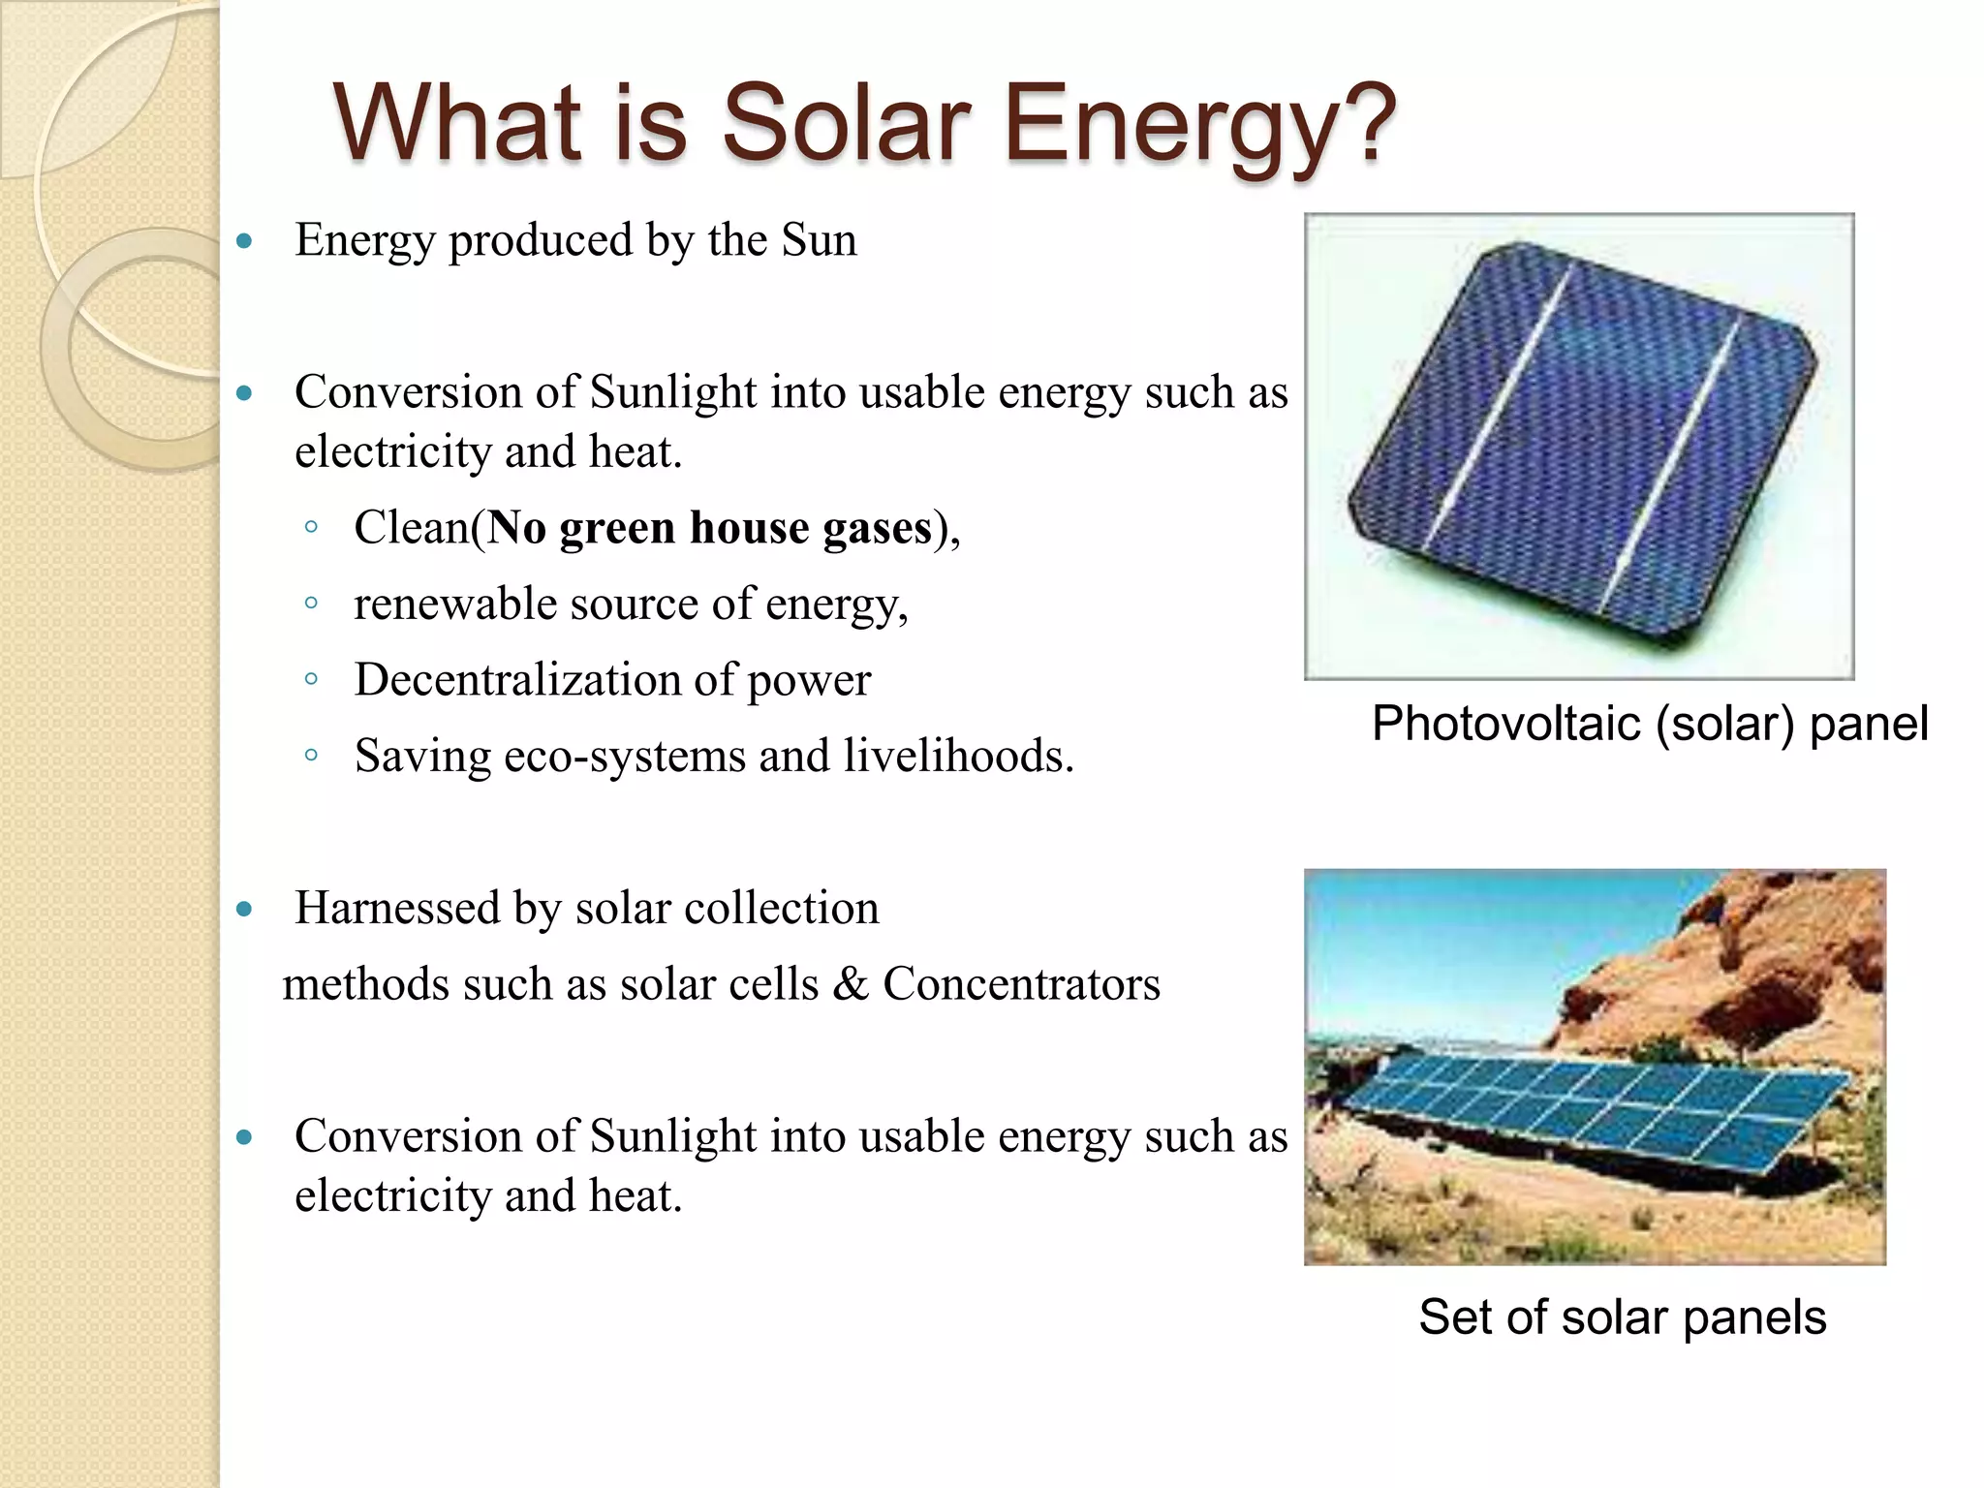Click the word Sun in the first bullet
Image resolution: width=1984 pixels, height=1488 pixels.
tap(819, 240)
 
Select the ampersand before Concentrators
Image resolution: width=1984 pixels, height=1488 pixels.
tap(850, 984)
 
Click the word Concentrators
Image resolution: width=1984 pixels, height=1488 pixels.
tap(1021, 984)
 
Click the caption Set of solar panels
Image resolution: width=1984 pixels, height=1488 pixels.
tap(1622, 1317)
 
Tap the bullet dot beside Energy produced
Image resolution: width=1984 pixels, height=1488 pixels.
tap(244, 241)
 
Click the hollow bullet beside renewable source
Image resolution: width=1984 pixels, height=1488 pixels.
tap(311, 604)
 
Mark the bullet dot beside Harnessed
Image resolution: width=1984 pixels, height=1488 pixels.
tap(244, 909)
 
